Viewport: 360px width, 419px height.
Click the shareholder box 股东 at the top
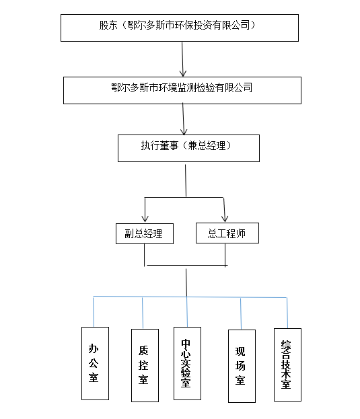[x=180, y=26]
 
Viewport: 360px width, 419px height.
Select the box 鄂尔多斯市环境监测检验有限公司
[x=182, y=89]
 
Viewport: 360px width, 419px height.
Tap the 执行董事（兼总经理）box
[x=188, y=148]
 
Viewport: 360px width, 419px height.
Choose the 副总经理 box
[x=144, y=233]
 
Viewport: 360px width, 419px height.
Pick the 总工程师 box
[x=227, y=233]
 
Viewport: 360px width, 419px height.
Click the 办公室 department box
[x=94, y=363]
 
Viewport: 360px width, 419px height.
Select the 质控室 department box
[x=145, y=365]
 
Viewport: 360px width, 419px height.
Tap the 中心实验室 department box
[x=186, y=363]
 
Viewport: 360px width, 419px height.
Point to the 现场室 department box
[x=242, y=366]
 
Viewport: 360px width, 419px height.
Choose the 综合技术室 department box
[x=287, y=365]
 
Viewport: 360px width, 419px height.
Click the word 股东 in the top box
[x=108, y=26]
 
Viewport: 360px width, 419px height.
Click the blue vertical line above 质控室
[x=143, y=312]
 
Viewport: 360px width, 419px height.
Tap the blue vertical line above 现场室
[x=241, y=313]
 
